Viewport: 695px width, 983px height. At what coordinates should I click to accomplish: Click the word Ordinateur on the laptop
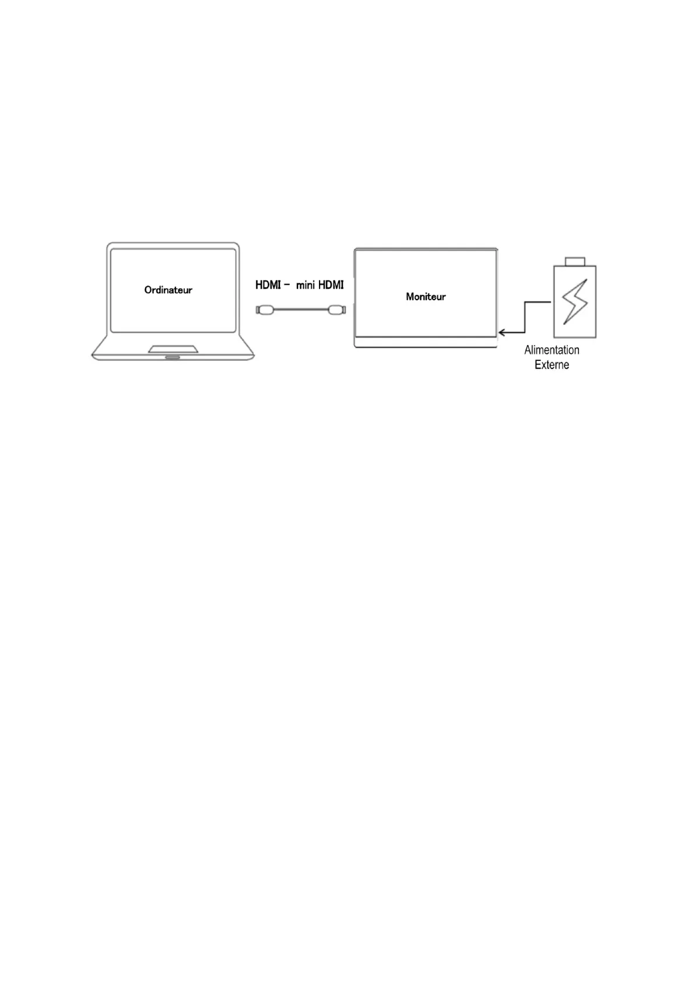pos(168,290)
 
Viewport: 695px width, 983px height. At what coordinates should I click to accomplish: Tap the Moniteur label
pos(426,297)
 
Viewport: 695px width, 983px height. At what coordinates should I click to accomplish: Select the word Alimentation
pos(552,350)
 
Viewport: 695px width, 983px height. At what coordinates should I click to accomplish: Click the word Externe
pos(552,365)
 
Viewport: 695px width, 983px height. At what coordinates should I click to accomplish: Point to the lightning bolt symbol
pos(574,301)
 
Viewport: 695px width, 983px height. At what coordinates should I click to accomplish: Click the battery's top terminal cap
pos(574,261)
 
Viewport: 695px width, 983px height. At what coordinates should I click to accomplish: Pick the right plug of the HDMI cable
pos(337,310)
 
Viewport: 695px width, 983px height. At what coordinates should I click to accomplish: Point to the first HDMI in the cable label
pos(268,285)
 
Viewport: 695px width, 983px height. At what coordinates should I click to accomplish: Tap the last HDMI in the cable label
pos(331,285)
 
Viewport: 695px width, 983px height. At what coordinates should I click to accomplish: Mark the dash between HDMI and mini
pos(287,285)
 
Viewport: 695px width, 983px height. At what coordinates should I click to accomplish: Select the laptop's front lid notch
pos(173,357)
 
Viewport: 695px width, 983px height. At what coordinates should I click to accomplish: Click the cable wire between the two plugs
pos(301,310)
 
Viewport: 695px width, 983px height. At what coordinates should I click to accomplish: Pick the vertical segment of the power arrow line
pos(525,317)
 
